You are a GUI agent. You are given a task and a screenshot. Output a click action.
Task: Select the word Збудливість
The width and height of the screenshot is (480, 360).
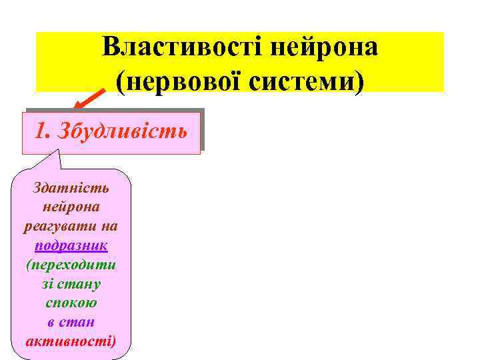click(x=127, y=130)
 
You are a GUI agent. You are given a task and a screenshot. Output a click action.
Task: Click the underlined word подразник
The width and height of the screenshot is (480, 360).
click(x=71, y=245)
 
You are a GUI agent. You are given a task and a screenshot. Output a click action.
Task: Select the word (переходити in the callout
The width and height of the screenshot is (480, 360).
click(x=71, y=265)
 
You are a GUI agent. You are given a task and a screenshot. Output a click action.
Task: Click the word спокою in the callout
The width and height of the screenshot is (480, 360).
click(x=71, y=303)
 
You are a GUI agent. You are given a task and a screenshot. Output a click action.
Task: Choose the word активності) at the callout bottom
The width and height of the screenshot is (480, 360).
click(x=71, y=341)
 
